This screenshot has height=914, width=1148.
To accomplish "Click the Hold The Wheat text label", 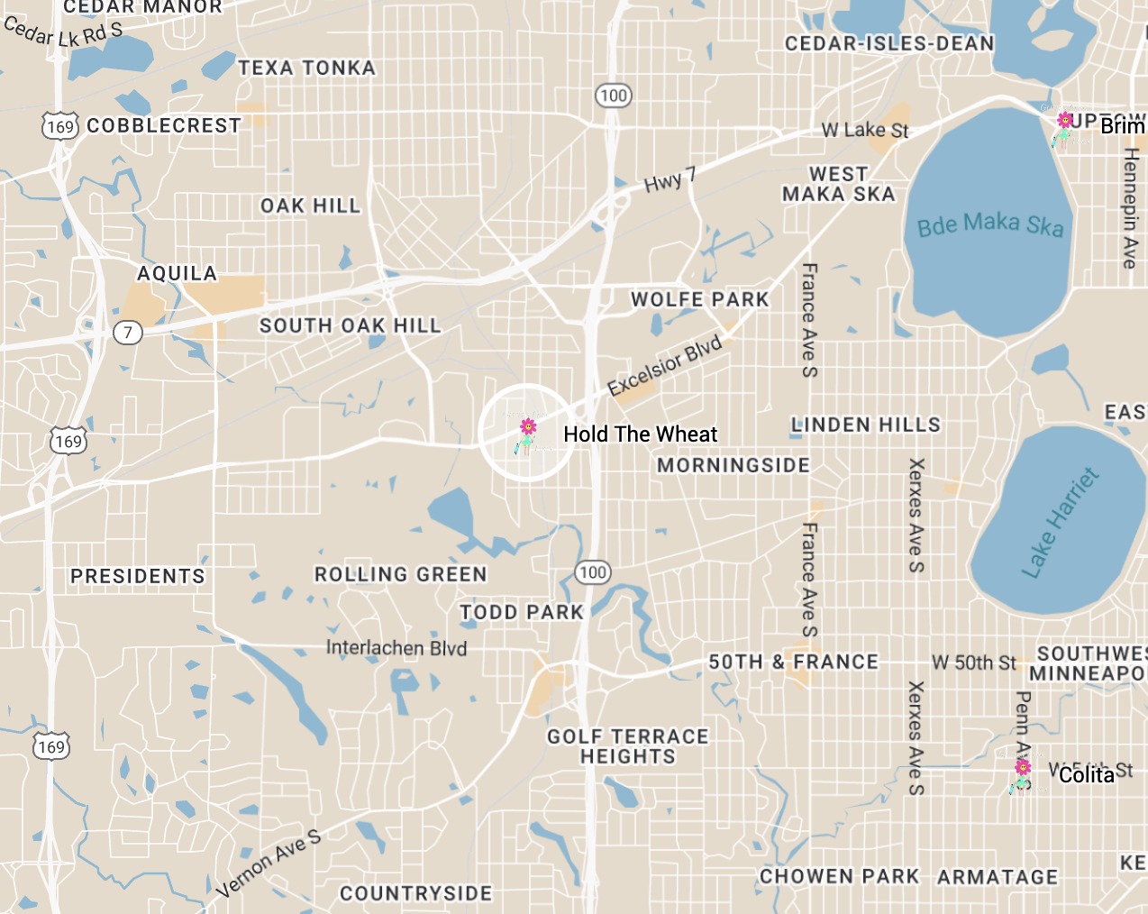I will point(640,434).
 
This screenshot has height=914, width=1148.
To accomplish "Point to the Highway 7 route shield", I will point(128,333).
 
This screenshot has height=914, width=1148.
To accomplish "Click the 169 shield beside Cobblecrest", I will point(60,126).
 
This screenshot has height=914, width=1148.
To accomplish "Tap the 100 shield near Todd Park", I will point(593,572).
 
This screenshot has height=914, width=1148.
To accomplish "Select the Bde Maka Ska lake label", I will point(989,224).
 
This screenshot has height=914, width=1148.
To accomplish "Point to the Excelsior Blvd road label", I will point(664,365).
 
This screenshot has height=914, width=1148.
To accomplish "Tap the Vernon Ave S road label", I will point(269,864).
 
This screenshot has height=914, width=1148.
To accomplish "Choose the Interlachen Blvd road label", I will point(396,648).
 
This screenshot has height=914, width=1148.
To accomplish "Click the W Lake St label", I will point(864,131).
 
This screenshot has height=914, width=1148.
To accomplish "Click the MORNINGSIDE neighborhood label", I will point(733,465).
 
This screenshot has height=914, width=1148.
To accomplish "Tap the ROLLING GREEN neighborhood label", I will point(400,574).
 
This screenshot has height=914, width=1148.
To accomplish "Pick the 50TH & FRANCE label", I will point(793,662).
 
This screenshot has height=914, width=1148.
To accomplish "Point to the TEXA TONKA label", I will point(306,68).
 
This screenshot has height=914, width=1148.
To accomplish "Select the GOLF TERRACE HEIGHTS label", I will point(628,746).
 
